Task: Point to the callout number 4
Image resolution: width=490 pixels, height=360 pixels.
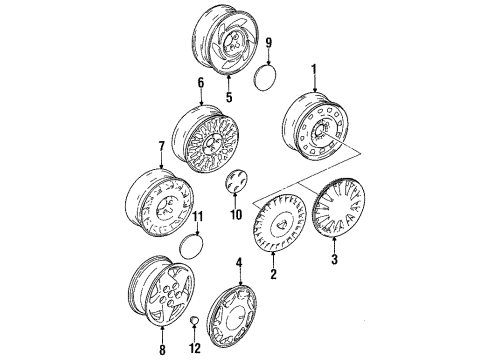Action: click(x=239, y=263)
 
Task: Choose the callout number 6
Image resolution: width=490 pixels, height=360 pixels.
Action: click(x=200, y=85)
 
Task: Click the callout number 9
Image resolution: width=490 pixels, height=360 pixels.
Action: click(x=267, y=42)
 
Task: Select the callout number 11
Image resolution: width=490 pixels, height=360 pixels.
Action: click(x=198, y=244)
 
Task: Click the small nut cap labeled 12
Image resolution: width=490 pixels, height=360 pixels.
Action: click(x=193, y=320)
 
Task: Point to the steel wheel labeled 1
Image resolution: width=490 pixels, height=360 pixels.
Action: click(x=320, y=128)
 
